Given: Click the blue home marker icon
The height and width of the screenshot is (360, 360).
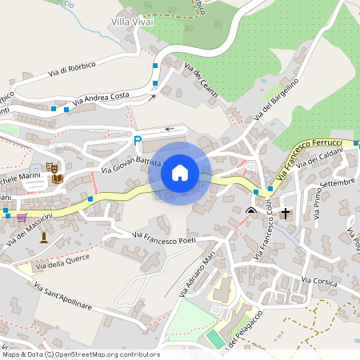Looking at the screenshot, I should tap(180, 173).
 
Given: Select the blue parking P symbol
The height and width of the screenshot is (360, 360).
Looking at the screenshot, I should tap(138, 140).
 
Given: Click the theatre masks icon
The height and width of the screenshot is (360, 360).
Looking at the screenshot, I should tap(50, 167).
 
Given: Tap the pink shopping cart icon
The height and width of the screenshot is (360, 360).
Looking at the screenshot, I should tap(21, 217).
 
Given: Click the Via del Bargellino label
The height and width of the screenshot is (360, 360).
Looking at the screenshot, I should tap(276, 100).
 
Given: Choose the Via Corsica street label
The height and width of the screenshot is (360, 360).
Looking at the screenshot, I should tap(321, 280).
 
